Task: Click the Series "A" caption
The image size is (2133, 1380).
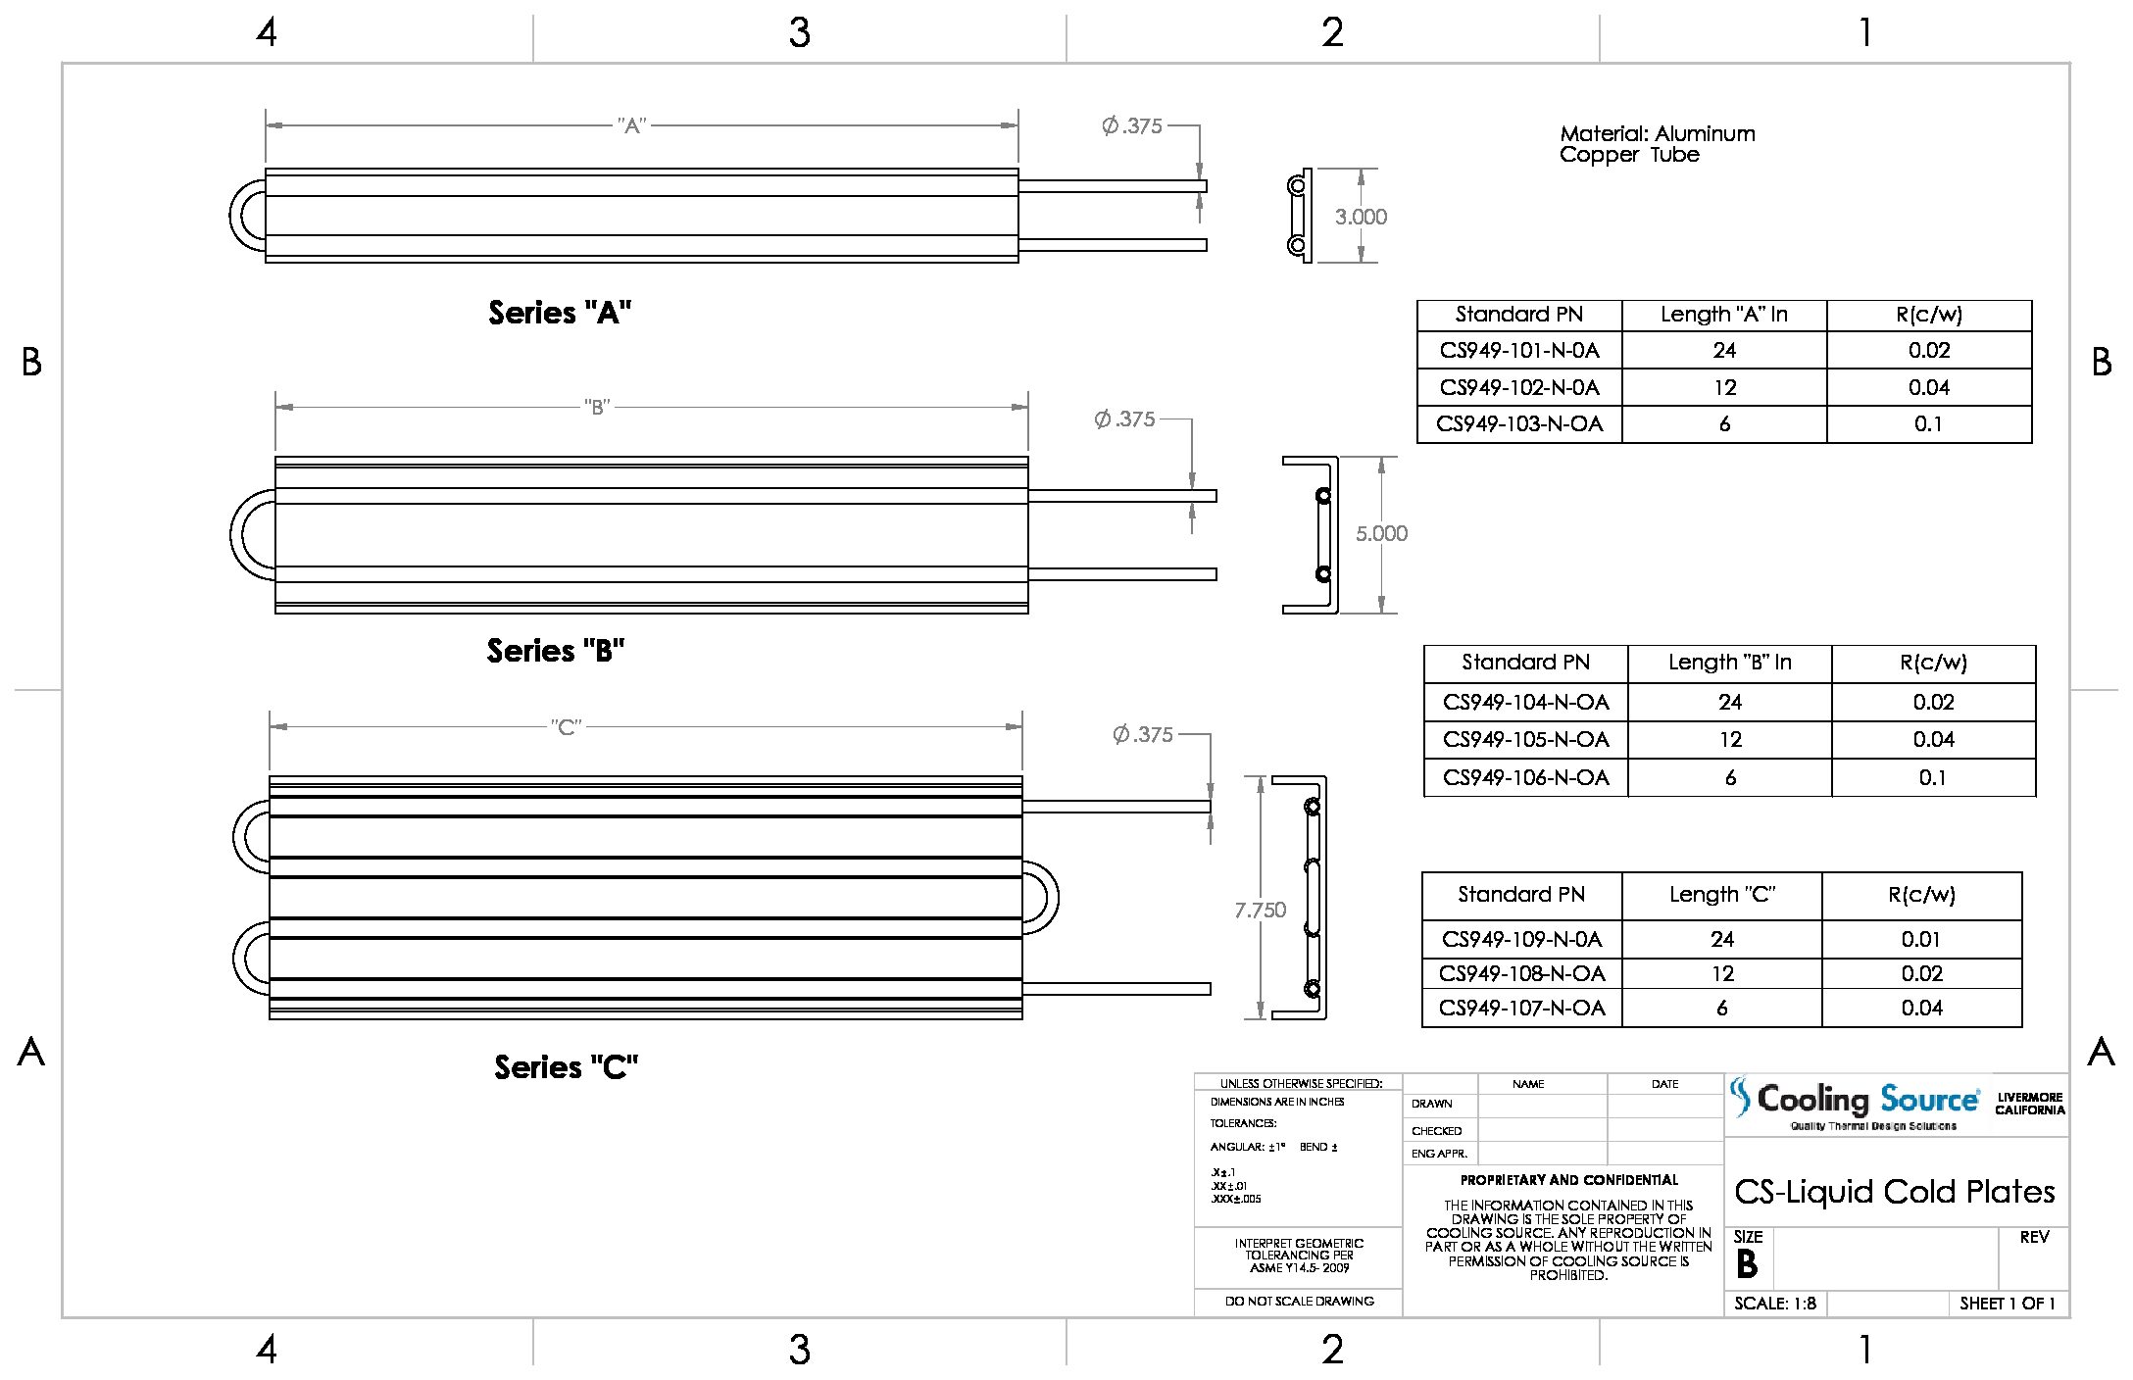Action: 560,313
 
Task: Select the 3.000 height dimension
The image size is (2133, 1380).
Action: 1361,217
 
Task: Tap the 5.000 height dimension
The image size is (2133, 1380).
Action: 1381,533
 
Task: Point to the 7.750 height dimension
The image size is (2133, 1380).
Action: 1260,911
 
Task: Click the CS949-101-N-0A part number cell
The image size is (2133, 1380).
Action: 1518,350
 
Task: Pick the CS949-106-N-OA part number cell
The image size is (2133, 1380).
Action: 1525,777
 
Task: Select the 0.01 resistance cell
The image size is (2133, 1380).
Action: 1920,939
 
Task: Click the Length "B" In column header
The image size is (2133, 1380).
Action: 1729,663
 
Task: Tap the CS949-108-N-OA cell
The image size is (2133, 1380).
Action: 1521,973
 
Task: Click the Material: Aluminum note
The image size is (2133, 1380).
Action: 1657,134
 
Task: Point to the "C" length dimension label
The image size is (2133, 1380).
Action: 566,727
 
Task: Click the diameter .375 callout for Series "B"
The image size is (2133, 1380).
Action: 1125,419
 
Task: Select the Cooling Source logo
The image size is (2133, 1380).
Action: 1853,1103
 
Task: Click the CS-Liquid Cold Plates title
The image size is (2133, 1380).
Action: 1894,1191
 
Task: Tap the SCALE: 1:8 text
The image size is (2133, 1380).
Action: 1774,1304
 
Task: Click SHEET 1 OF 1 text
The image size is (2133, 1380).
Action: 2007,1304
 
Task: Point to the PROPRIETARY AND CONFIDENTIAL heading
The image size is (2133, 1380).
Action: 1568,1180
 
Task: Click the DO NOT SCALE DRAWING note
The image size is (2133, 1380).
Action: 1299,1302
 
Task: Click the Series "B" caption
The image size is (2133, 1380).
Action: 555,651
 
